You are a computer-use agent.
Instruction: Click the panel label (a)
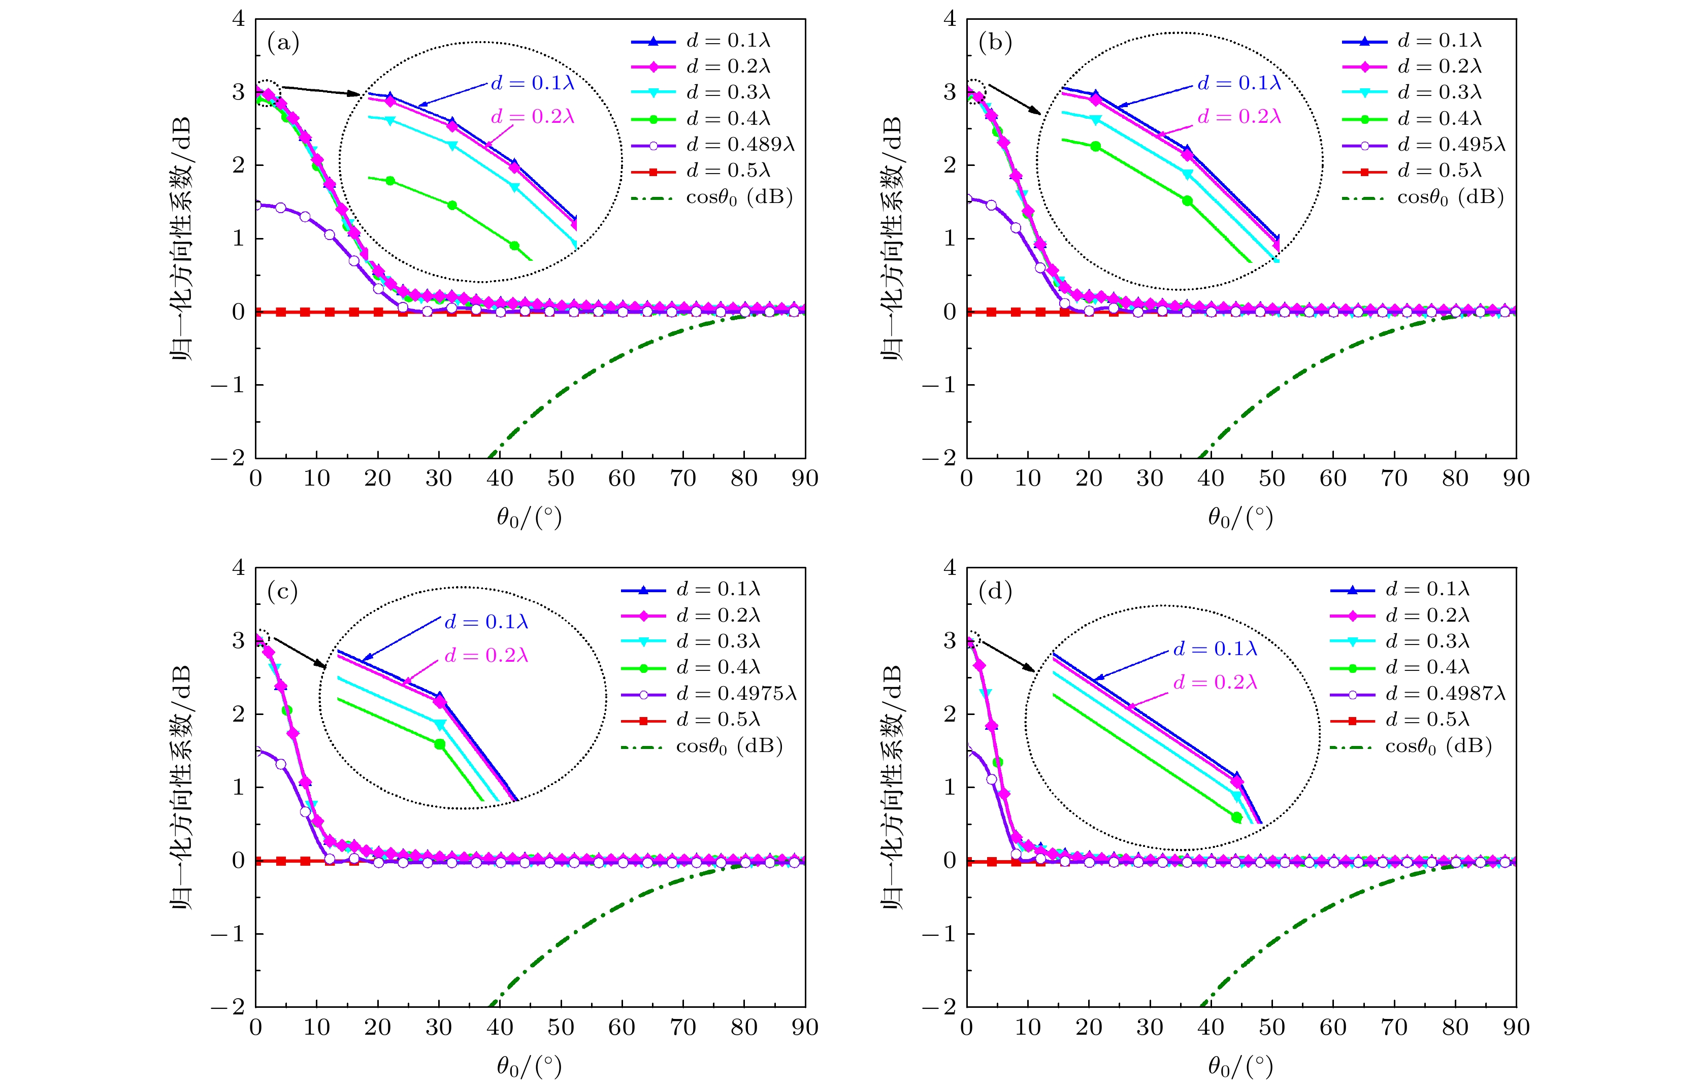[283, 44]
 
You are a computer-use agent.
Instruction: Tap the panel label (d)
[995, 592]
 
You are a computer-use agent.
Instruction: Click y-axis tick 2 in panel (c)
[239, 713]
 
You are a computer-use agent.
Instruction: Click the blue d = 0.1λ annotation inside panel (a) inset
[533, 83]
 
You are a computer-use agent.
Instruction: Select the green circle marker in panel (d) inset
[1237, 818]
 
